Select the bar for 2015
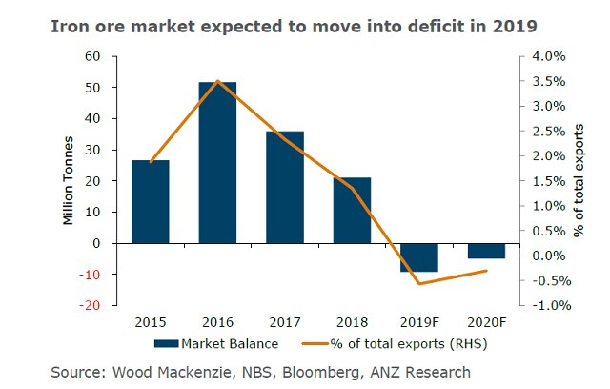(151, 201)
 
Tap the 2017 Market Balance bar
(285, 187)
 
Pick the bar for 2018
(352, 210)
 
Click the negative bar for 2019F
(419, 257)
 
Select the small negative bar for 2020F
(486, 251)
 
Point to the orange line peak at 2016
(218, 81)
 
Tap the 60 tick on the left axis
(93, 56)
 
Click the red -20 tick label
(91, 306)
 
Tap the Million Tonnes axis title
(68, 181)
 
